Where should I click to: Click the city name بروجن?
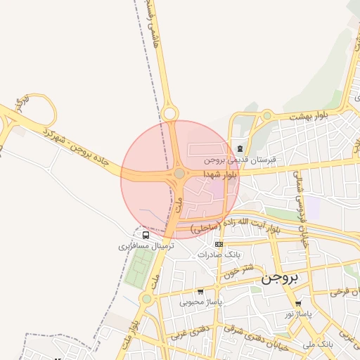[x=280, y=277]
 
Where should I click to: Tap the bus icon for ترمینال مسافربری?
[x=145, y=235]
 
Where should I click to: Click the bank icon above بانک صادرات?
[x=219, y=244]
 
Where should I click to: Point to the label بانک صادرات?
[x=219, y=255]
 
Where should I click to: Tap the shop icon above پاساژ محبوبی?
[x=200, y=292]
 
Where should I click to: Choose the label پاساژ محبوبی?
[x=200, y=302]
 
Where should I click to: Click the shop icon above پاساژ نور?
[x=298, y=304]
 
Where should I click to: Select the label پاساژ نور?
[x=298, y=314]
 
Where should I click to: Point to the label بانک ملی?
[x=318, y=345]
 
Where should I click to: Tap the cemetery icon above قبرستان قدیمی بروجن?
[x=240, y=148]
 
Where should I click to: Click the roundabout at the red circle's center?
[x=180, y=173]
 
